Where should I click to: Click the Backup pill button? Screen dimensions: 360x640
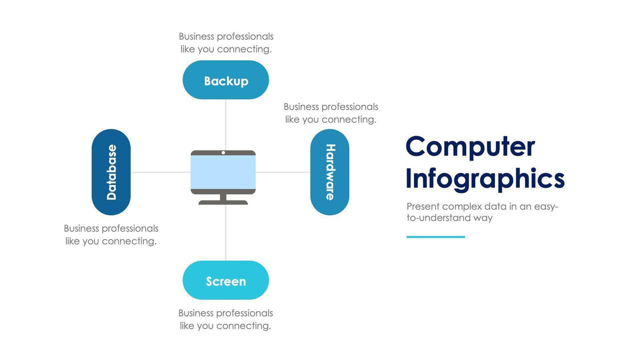click(x=226, y=81)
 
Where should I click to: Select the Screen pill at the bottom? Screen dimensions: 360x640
click(x=226, y=281)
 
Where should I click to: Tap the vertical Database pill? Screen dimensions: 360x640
click(x=111, y=172)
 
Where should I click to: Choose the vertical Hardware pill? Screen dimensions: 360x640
click(x=330, y=172)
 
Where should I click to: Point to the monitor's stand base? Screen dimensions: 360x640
click(x=223, y=202)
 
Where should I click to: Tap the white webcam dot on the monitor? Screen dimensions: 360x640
click(x=223, y=153)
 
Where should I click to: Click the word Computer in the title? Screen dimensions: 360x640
click(x=470, y=147)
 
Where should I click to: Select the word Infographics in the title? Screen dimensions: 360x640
click(x=484, y=179)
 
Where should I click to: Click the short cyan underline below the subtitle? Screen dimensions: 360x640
click(x=435, y=237)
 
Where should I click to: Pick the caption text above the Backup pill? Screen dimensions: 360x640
click(x=226, y=43)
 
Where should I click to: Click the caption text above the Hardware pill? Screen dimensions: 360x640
click(x=331, y=113)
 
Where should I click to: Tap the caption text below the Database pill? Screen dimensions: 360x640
click(x=111, y=235)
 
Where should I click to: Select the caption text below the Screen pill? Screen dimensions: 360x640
click(x=226, y=319)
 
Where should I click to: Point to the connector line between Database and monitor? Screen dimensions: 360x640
click(x=160, y=172)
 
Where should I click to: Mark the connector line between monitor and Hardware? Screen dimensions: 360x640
click(x=283, y=172)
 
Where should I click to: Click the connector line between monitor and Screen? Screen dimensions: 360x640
click(x=226, y=233)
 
